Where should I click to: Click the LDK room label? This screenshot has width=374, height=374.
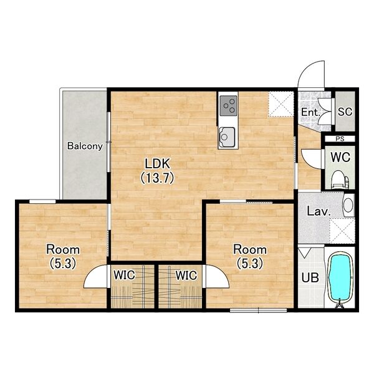[157, 171]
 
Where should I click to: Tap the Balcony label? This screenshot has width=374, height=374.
[85, 146]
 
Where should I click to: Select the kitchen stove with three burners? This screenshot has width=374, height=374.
[228, 106]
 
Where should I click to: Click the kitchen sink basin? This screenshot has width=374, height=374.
[228, 137]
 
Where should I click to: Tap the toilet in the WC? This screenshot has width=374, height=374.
[340, 179]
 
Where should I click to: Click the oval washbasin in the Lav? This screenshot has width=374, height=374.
[348, 205]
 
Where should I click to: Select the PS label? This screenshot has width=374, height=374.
[340, 139]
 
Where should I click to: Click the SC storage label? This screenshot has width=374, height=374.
[345, 112]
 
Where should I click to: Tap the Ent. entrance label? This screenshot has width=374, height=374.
[310, 112]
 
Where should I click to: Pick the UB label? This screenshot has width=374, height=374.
[310, 277]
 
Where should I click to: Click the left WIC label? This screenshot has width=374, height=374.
[124, 275]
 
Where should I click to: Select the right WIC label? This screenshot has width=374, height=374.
[186, 276]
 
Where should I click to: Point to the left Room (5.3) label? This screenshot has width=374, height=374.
[63, 256]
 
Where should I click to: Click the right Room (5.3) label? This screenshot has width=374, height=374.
[250, 256]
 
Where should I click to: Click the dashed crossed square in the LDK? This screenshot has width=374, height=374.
[280, 105]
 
